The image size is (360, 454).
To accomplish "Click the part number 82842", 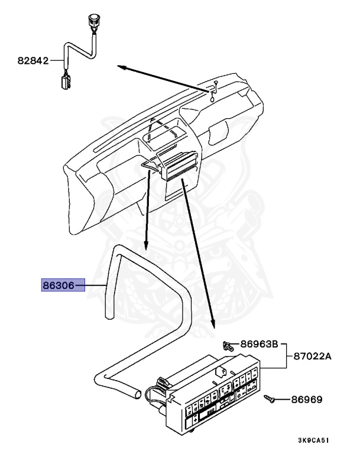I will coord(33,60).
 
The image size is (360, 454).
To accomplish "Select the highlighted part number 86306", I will coord(58,286).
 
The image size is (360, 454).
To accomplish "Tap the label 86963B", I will coord(258,343).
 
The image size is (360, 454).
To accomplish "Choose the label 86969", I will coord(306,400).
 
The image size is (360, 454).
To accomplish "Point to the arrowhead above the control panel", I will coord(213,325).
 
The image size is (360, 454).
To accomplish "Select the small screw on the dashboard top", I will coord(216,84).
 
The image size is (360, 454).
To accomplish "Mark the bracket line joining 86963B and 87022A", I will coord(286,356).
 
